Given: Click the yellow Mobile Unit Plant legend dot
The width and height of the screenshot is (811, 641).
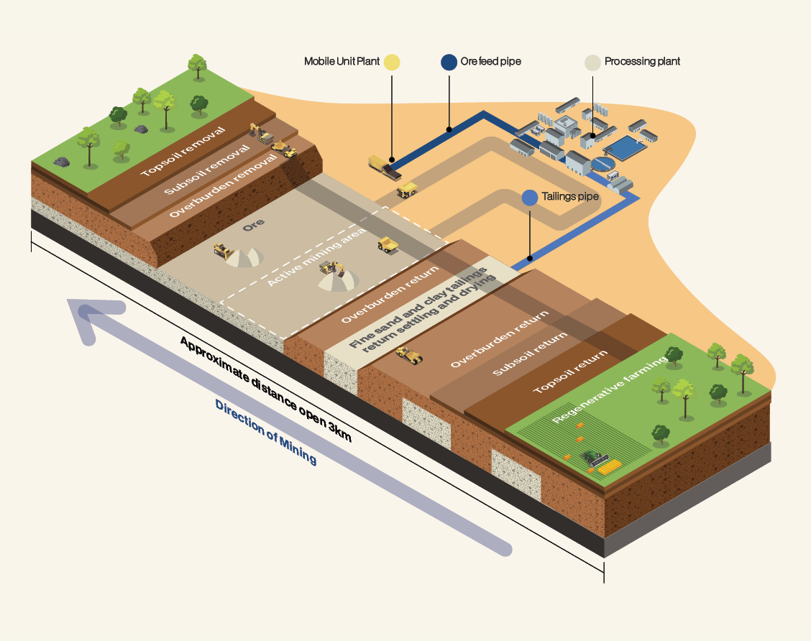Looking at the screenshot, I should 392,62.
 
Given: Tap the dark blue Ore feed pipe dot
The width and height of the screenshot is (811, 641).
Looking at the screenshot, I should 449,62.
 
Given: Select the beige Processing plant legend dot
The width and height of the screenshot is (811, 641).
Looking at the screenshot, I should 592,62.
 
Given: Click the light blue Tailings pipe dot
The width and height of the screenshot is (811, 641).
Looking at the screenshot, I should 530,198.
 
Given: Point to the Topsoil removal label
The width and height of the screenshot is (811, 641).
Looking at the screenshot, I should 183,152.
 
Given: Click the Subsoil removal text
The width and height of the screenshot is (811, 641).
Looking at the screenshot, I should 206,170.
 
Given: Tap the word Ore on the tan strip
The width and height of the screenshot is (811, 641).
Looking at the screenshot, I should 254,224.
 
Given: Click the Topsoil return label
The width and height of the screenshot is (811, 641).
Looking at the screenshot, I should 572,372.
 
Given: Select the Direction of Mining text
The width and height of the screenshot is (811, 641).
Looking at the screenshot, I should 265,432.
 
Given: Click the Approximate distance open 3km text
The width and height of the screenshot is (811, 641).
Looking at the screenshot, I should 265,389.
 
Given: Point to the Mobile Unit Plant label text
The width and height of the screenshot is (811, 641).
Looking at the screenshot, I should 342,62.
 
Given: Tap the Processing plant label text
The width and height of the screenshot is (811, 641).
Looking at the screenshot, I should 642,62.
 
